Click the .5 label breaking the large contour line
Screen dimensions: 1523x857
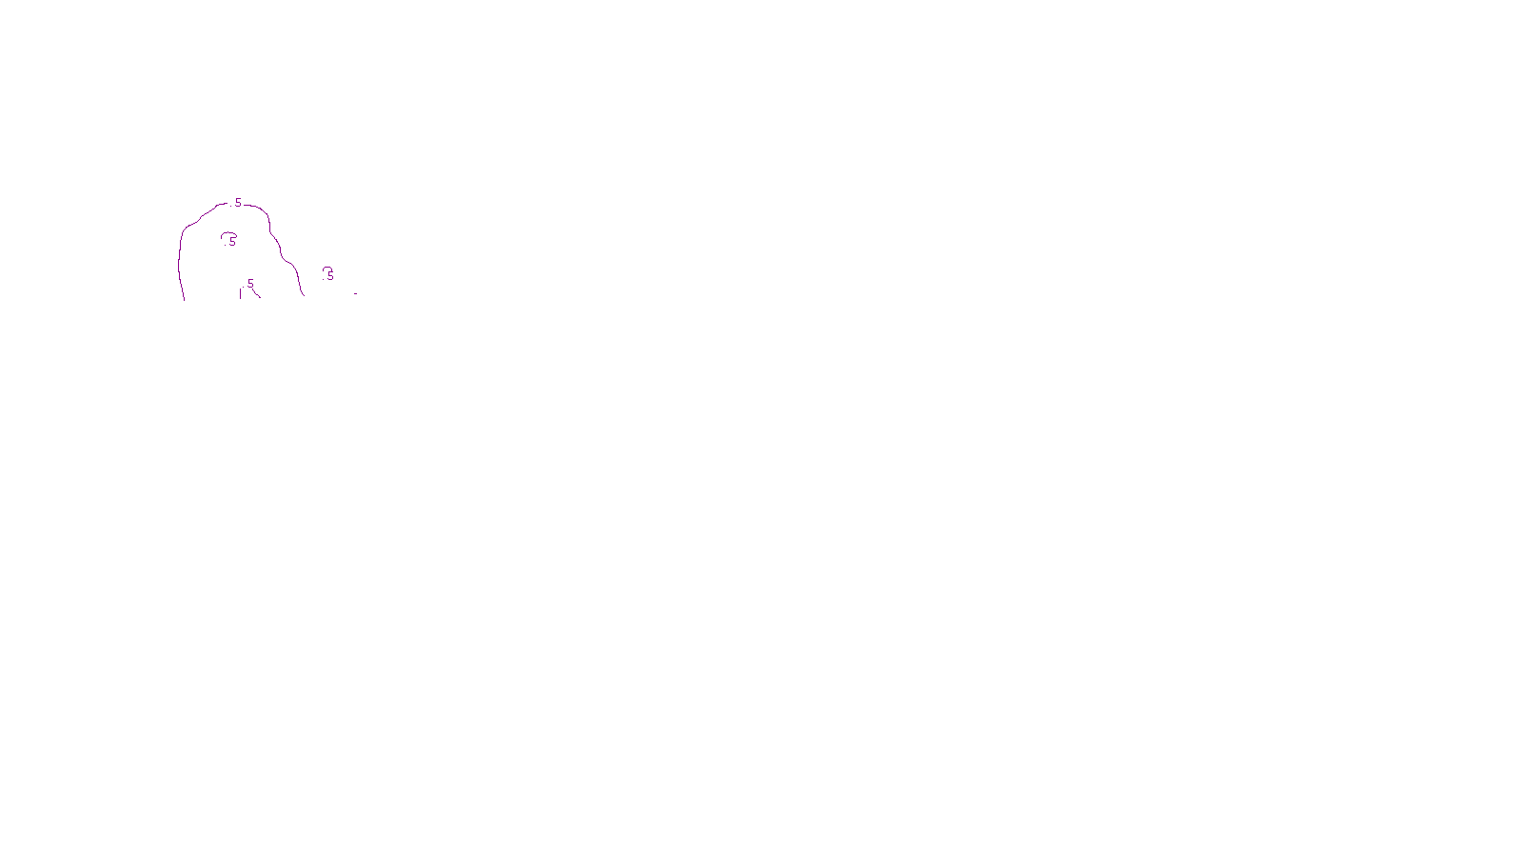(237, 203)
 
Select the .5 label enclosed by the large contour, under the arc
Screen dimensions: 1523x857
(231, 242)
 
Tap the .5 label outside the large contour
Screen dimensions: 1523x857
(329, 276)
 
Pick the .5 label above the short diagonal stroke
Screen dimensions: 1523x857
(249, 284)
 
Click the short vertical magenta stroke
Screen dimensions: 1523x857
(240, 293)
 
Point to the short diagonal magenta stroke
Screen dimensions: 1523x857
(256, 292)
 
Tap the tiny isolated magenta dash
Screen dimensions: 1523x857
(355, 293)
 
